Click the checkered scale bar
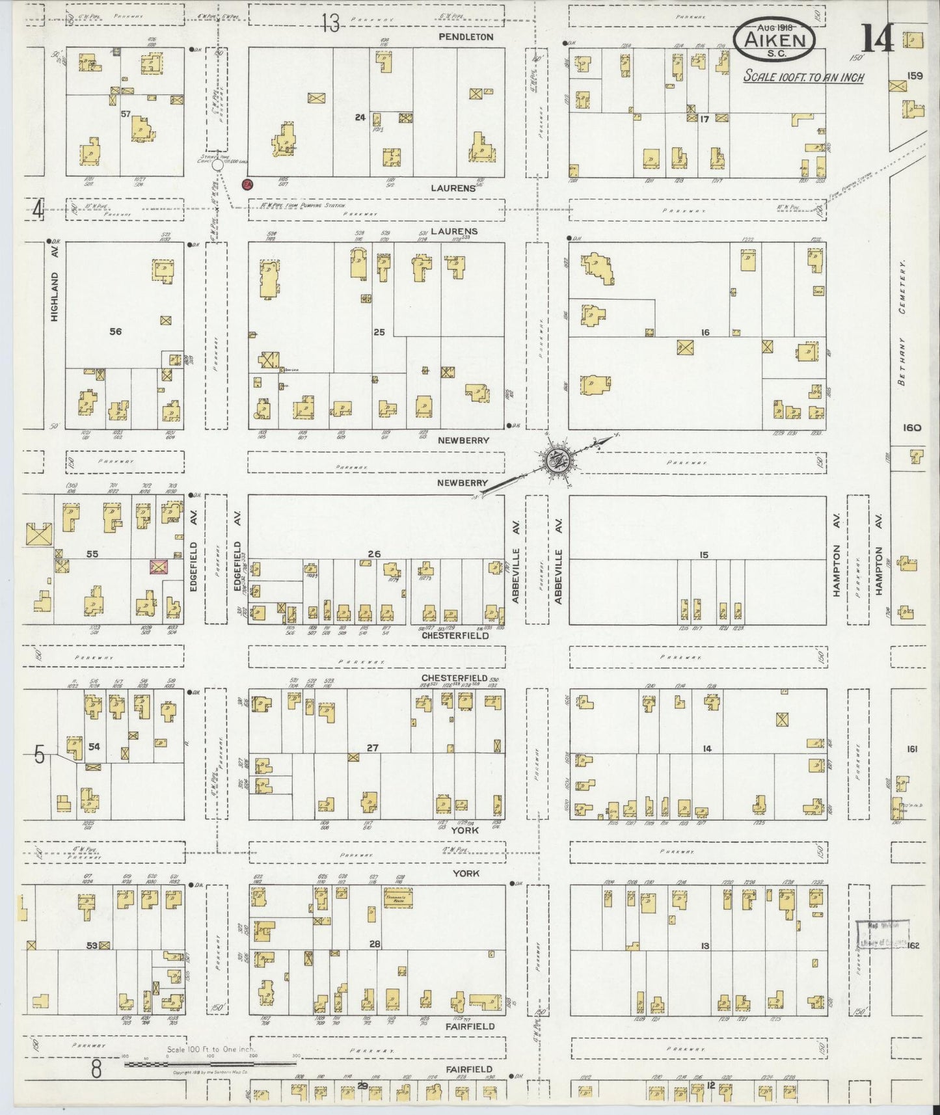point(209,1064)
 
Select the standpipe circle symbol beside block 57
point(218,165)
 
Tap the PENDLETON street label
point(466,37)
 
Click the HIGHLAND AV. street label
point(55,296)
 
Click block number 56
point(115,332)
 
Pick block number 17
point(704,119)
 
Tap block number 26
point(373,554)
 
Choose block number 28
point(374,944)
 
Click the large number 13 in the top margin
point(330,25)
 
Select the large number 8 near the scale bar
point(96,1069)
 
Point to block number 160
point(911,427)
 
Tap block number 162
point(913,945)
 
